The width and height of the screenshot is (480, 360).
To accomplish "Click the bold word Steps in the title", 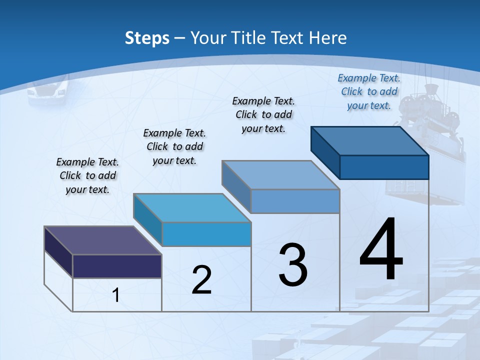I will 147,38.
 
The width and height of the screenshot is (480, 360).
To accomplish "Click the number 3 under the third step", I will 293,265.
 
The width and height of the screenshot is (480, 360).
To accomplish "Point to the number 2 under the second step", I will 201,280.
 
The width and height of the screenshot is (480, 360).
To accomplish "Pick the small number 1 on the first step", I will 116,295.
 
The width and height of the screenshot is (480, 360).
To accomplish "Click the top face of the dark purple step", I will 102,240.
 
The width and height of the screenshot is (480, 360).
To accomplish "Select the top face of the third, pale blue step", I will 280,175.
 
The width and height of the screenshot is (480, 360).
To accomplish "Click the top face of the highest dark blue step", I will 369,140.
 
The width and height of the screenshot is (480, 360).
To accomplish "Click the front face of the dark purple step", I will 117,266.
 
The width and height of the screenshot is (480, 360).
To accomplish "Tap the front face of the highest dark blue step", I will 384,167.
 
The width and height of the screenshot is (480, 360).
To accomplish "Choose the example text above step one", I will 87,175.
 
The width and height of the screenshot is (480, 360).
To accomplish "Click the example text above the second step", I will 174,146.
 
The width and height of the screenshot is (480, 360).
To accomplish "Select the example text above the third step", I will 263,114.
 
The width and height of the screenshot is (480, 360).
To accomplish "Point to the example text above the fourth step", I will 369,91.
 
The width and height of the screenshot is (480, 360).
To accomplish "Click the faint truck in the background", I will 48,91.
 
